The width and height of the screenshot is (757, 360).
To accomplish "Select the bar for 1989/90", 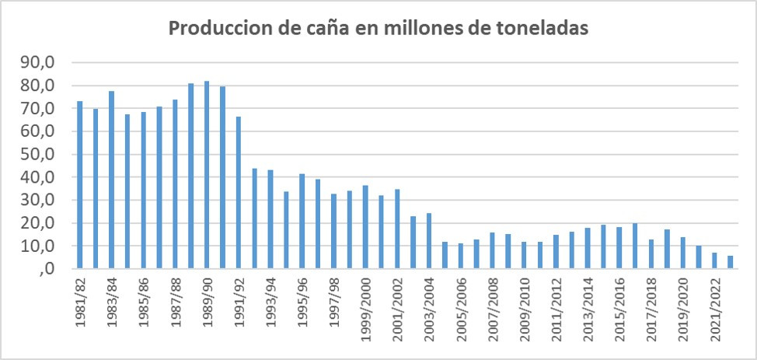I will click(x=207, y=175).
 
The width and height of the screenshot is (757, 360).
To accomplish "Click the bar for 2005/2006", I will click(x=460, y=256).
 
